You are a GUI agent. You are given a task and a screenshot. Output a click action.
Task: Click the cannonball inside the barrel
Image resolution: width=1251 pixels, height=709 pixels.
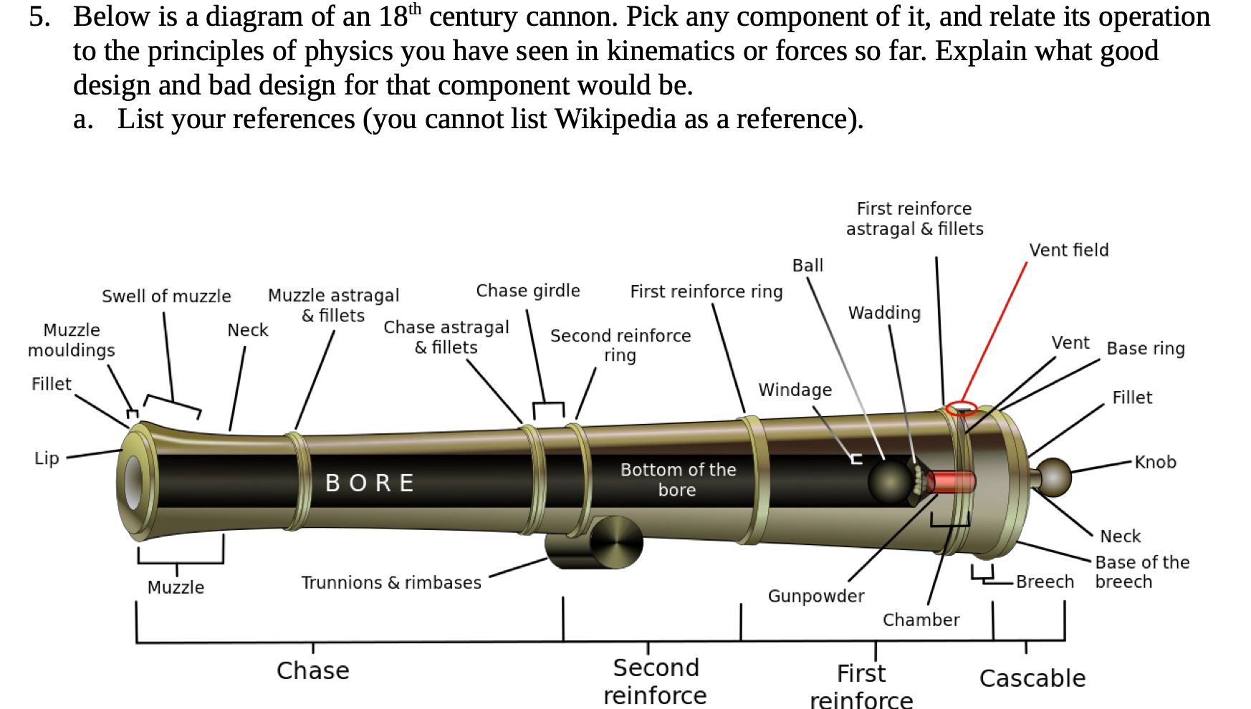coord(891,481)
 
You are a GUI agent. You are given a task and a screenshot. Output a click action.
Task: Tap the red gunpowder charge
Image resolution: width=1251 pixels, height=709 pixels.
coord(952,481)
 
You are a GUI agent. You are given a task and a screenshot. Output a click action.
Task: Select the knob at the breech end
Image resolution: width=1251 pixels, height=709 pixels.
coord(1054,477)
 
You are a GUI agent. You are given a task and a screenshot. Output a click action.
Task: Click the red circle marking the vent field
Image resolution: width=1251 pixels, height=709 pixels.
coord(961,408)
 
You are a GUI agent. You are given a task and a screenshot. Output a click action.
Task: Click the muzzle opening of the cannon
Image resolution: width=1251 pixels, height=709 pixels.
coord(134,481)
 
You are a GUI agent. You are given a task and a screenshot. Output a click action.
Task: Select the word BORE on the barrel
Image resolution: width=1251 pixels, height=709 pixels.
coord(370,483)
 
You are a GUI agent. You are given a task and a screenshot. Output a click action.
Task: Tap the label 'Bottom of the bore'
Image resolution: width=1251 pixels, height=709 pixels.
coord(678,480)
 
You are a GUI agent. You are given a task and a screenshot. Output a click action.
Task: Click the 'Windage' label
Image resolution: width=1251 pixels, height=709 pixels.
coord(795,390)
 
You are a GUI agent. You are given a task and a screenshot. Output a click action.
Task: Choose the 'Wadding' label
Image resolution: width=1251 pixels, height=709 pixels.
coord(884,313)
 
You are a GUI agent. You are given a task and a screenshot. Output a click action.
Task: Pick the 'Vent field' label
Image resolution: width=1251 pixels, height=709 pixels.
coord(1068,250)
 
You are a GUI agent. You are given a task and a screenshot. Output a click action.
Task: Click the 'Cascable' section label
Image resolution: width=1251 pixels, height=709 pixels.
coord(1032,677)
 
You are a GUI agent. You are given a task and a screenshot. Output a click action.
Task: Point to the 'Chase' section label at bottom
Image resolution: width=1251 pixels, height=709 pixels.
coord(313,670)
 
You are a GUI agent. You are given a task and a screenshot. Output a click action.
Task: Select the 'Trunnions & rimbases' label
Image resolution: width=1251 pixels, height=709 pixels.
coord(391,582)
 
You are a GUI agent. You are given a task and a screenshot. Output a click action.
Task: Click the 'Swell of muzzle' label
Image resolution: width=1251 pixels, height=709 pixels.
coord(166,296)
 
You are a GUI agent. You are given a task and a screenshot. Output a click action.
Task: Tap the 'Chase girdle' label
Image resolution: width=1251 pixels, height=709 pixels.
coord(528,291)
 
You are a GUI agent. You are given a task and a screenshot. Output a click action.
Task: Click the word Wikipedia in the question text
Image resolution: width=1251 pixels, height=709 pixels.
coord(615,119)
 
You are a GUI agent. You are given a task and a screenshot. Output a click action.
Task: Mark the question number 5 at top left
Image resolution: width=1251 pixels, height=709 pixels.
coord(39,16)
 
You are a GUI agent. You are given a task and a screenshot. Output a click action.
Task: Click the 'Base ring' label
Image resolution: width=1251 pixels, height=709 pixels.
coord(1145,349)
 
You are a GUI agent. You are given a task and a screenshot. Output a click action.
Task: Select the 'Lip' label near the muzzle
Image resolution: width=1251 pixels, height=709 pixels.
coord(47,458)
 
